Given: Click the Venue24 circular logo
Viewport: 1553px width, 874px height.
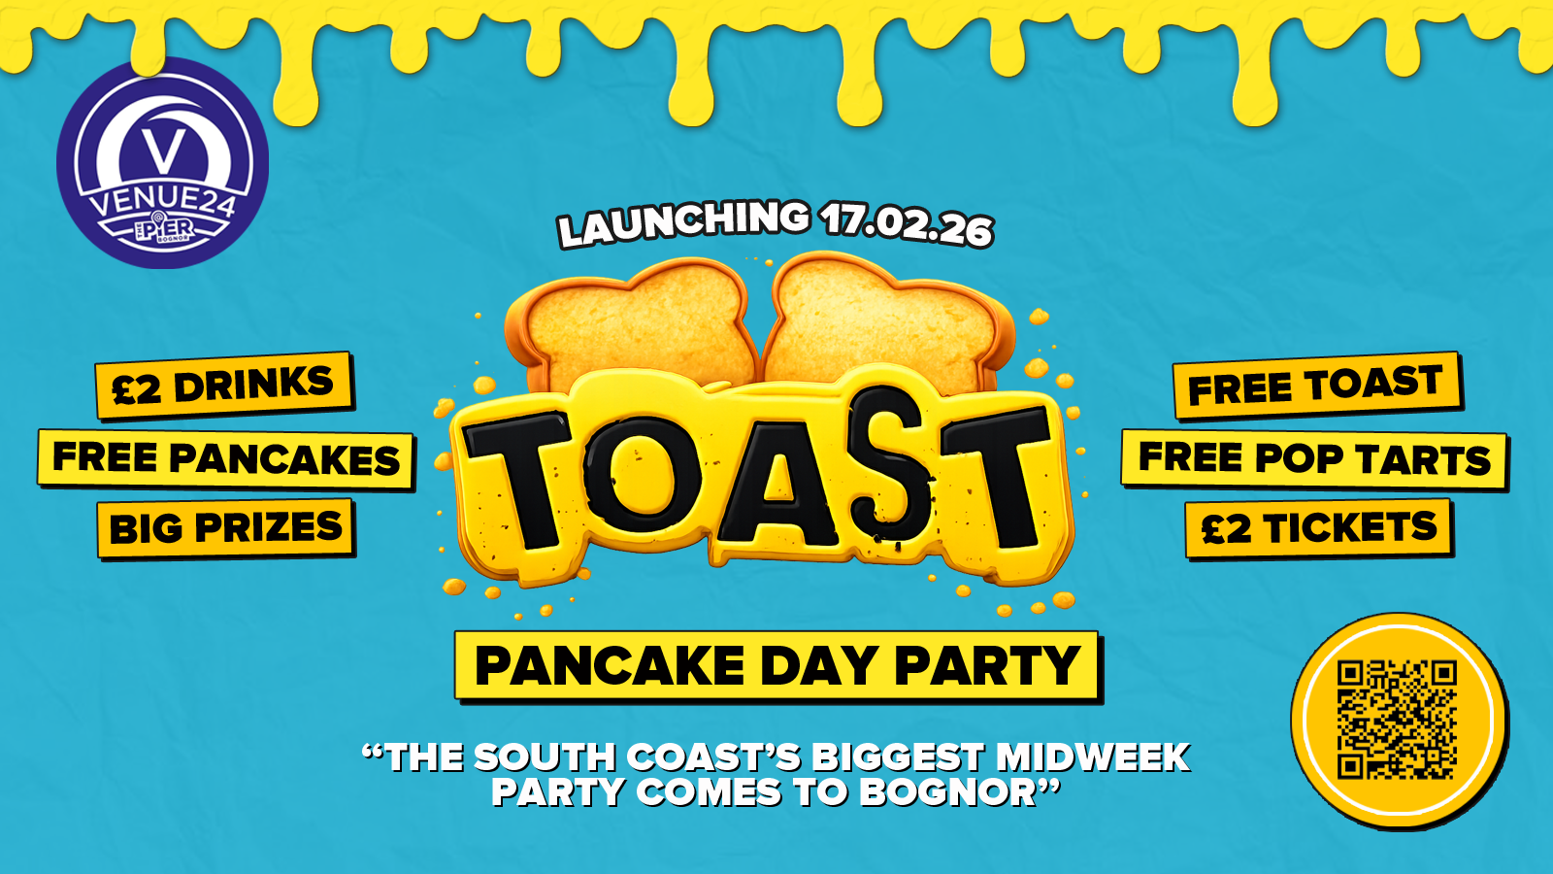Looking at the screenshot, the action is tap(163, 163).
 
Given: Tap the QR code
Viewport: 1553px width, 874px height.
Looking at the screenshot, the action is tap(1397, 720).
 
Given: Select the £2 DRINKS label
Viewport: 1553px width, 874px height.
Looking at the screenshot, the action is tap(224, 386).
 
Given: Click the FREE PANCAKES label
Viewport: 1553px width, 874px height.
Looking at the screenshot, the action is tap(226, 459).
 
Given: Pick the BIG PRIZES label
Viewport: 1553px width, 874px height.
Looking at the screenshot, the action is tap(226, 528).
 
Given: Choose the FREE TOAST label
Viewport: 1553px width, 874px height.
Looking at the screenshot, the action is tap(1317, 386).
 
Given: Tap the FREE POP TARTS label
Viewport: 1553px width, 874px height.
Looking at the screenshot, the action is tap(1314, 459).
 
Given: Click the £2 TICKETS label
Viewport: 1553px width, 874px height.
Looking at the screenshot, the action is tap(1319, 528).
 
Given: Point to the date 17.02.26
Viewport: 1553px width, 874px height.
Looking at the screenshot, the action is tap(906, 224).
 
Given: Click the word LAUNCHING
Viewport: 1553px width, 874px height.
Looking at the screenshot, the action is tap(683, 223).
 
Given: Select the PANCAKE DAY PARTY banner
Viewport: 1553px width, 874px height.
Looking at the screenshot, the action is tap(777, 666).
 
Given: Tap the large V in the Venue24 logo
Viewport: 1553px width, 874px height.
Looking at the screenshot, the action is tap(164, 151).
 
